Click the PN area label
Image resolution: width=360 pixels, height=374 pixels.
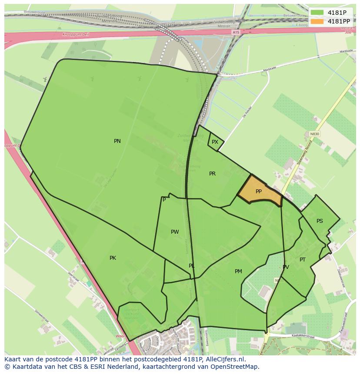coord(117,141)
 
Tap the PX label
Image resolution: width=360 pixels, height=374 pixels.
coord(215,142)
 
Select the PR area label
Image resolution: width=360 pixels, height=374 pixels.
coord(212,174)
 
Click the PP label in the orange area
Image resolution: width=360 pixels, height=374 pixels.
coord(259,192)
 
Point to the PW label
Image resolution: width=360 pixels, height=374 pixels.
coord(175,232)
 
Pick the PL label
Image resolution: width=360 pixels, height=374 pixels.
coord(192,266)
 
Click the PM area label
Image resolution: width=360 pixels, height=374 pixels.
coord(238,271)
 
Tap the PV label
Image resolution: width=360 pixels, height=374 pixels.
coord(286,267)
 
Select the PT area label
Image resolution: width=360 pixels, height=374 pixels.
coord(303,260)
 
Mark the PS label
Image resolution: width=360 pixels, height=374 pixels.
coord(320,221)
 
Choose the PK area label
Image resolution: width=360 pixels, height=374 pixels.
coord(113,258)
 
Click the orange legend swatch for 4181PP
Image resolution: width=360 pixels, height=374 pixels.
coord(317,21)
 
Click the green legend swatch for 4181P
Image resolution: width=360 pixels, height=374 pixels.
coord(317,13)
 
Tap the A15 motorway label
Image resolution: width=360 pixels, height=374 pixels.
coord(236,32)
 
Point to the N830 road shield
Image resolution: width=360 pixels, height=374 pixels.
coord(314,134)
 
